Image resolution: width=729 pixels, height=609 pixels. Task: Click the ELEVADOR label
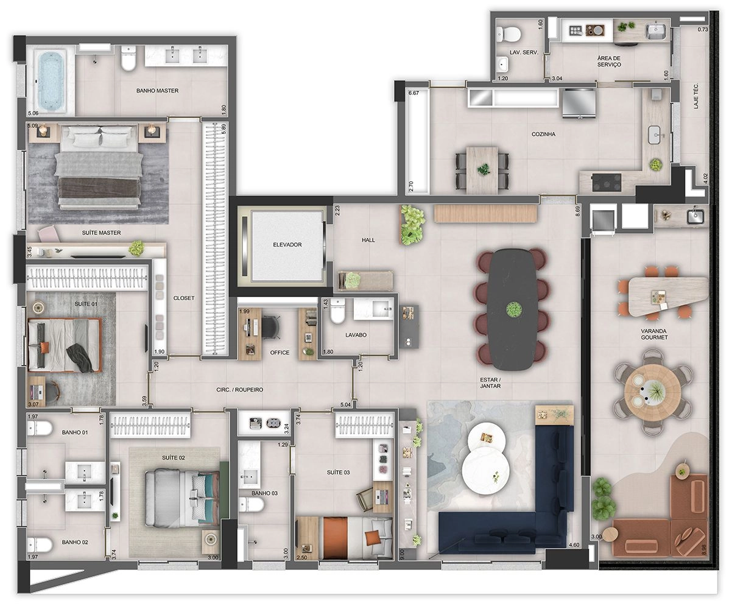pyautogui.click(x=287, y=245)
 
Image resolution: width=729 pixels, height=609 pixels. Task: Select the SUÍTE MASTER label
pyautogui.click(x=101, y=233)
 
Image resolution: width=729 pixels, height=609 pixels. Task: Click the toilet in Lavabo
pyautogui.click(x=337, y=311)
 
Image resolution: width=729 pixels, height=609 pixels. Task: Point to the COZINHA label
pyautogui.click(x=543, y=135)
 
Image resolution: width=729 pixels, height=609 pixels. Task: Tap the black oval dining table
pyautogui.click(x=511, y=309)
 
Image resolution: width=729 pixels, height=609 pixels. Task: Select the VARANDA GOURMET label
pyautogui.click(x=654, y=334)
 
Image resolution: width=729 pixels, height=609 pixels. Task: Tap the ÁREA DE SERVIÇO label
pyautogui.click(x=609, y=62)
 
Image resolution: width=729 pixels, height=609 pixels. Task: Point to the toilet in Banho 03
pyautogui.click(x=251, y=505)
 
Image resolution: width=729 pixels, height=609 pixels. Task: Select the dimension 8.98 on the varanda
pyautogui.click(x=704, y=546)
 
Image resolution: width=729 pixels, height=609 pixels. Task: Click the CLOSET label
pyautogui.click(x=184, y=298)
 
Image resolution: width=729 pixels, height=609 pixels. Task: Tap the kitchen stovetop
pyautogui.click(x=606, y=181)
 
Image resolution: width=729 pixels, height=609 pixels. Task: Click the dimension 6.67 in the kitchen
pyautogui.click(x=414, y=93)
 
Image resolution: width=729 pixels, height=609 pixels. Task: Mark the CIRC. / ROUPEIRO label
pyautogui.click(x=240, y=390)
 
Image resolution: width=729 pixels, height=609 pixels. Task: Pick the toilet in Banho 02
pyautogui.click(x=40, y=544)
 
